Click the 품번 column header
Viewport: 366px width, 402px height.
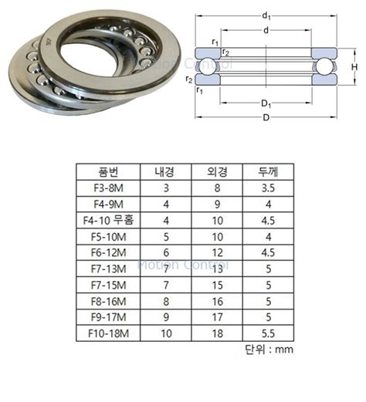(107, 172)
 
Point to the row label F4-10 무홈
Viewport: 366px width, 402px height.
(107, 221)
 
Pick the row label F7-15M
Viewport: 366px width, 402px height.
(107, 285)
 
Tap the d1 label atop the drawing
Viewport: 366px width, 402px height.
(266, 15)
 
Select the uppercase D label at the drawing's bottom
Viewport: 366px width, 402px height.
(266, 117)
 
